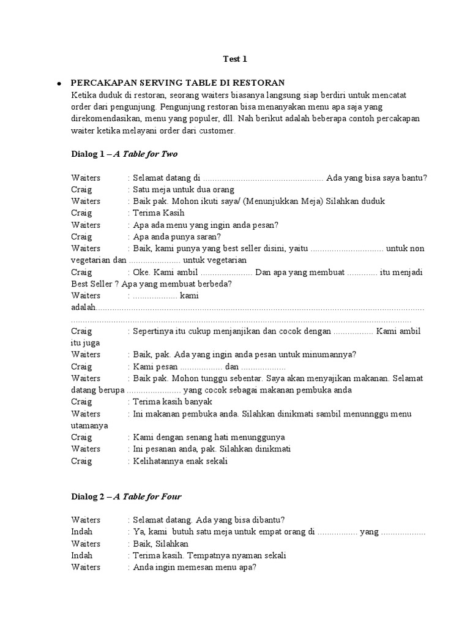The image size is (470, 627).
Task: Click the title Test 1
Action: [234, 59]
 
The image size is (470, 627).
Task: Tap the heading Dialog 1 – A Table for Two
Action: [124, 154]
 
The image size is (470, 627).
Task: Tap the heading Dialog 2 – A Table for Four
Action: [126, 496]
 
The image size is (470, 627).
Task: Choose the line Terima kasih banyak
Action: [173, 402]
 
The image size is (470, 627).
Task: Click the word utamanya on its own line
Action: [89, 425]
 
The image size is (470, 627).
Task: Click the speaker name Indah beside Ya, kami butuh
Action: [81, 532]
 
